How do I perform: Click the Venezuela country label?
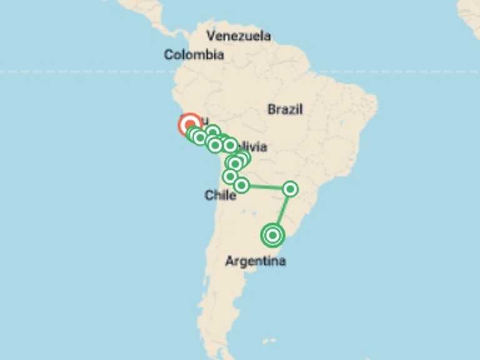(239, 36)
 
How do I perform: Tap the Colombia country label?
(194, 55)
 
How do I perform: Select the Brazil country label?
(285, 109)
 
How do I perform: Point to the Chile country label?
(220, 196)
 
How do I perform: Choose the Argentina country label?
(255, 261)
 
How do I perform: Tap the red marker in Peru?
(190, 125)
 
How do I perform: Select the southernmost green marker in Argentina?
(273, 235)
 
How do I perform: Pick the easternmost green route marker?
(290, 188)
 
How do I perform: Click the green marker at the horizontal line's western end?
(241, 185)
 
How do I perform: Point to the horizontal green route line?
(266, 186)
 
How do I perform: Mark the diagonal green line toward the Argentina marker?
(282, 211)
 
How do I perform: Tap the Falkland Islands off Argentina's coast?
(269, 341)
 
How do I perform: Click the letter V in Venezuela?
(211, 36)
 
